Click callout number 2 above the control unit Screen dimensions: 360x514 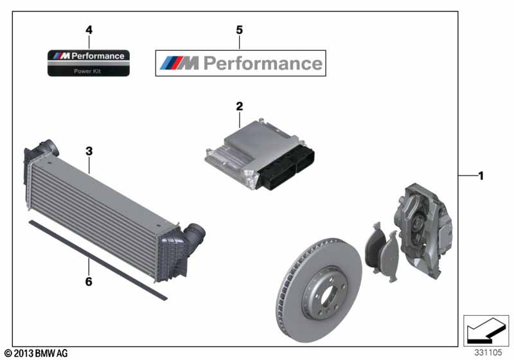point(240,106)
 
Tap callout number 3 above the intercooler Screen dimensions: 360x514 point(89,152)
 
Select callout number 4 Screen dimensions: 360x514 point(89,30)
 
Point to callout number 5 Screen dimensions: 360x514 point(240,30)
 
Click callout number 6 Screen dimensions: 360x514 point(89,281)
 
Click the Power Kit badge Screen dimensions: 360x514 point(89,63)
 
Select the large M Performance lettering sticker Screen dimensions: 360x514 point(241,63)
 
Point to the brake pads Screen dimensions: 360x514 point(380,248)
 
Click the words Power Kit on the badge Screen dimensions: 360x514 point(89,71)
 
